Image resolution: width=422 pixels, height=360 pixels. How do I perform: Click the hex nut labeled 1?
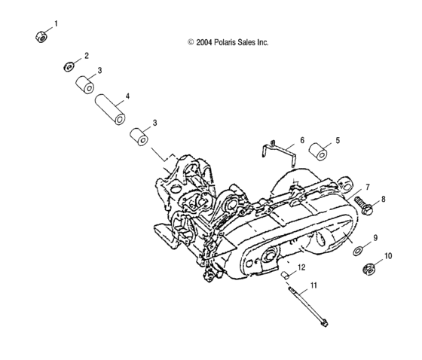click(43, 36)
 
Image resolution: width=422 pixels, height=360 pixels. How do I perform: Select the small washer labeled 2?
click(69, 66)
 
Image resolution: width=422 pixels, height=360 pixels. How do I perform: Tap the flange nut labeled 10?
click(372, 270)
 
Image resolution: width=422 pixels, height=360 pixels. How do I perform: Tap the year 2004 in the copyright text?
click(203, 43)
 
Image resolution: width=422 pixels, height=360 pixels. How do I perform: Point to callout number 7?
click(367, 186)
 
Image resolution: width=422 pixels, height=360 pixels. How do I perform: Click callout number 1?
click(54, 24)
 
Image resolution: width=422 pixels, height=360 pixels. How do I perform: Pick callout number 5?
click(337, 140)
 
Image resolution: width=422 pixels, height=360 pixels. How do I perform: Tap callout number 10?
click(389, 257)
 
